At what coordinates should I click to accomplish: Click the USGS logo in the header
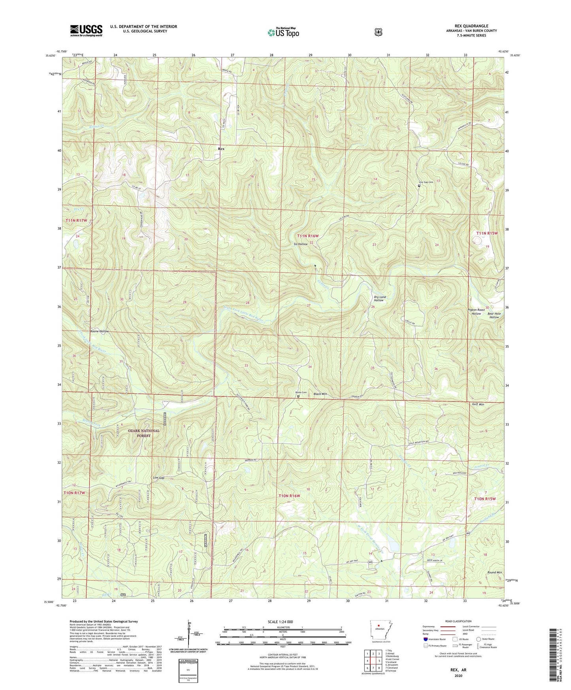pos(86,30)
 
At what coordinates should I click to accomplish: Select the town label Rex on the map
pos(221,149)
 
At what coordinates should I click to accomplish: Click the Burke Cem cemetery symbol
pos(298,396)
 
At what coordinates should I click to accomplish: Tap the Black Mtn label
pos(320,394)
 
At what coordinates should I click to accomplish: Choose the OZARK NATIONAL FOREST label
pos(143,433)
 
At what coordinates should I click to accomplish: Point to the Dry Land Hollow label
pos(380,298)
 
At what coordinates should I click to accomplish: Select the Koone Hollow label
pos(99,331)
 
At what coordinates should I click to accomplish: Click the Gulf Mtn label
pos(478,404)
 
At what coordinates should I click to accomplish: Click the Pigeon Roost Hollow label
pos(476,312)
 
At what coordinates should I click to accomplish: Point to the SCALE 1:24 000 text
pos(280,622)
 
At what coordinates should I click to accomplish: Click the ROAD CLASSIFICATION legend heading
pos(458,621)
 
